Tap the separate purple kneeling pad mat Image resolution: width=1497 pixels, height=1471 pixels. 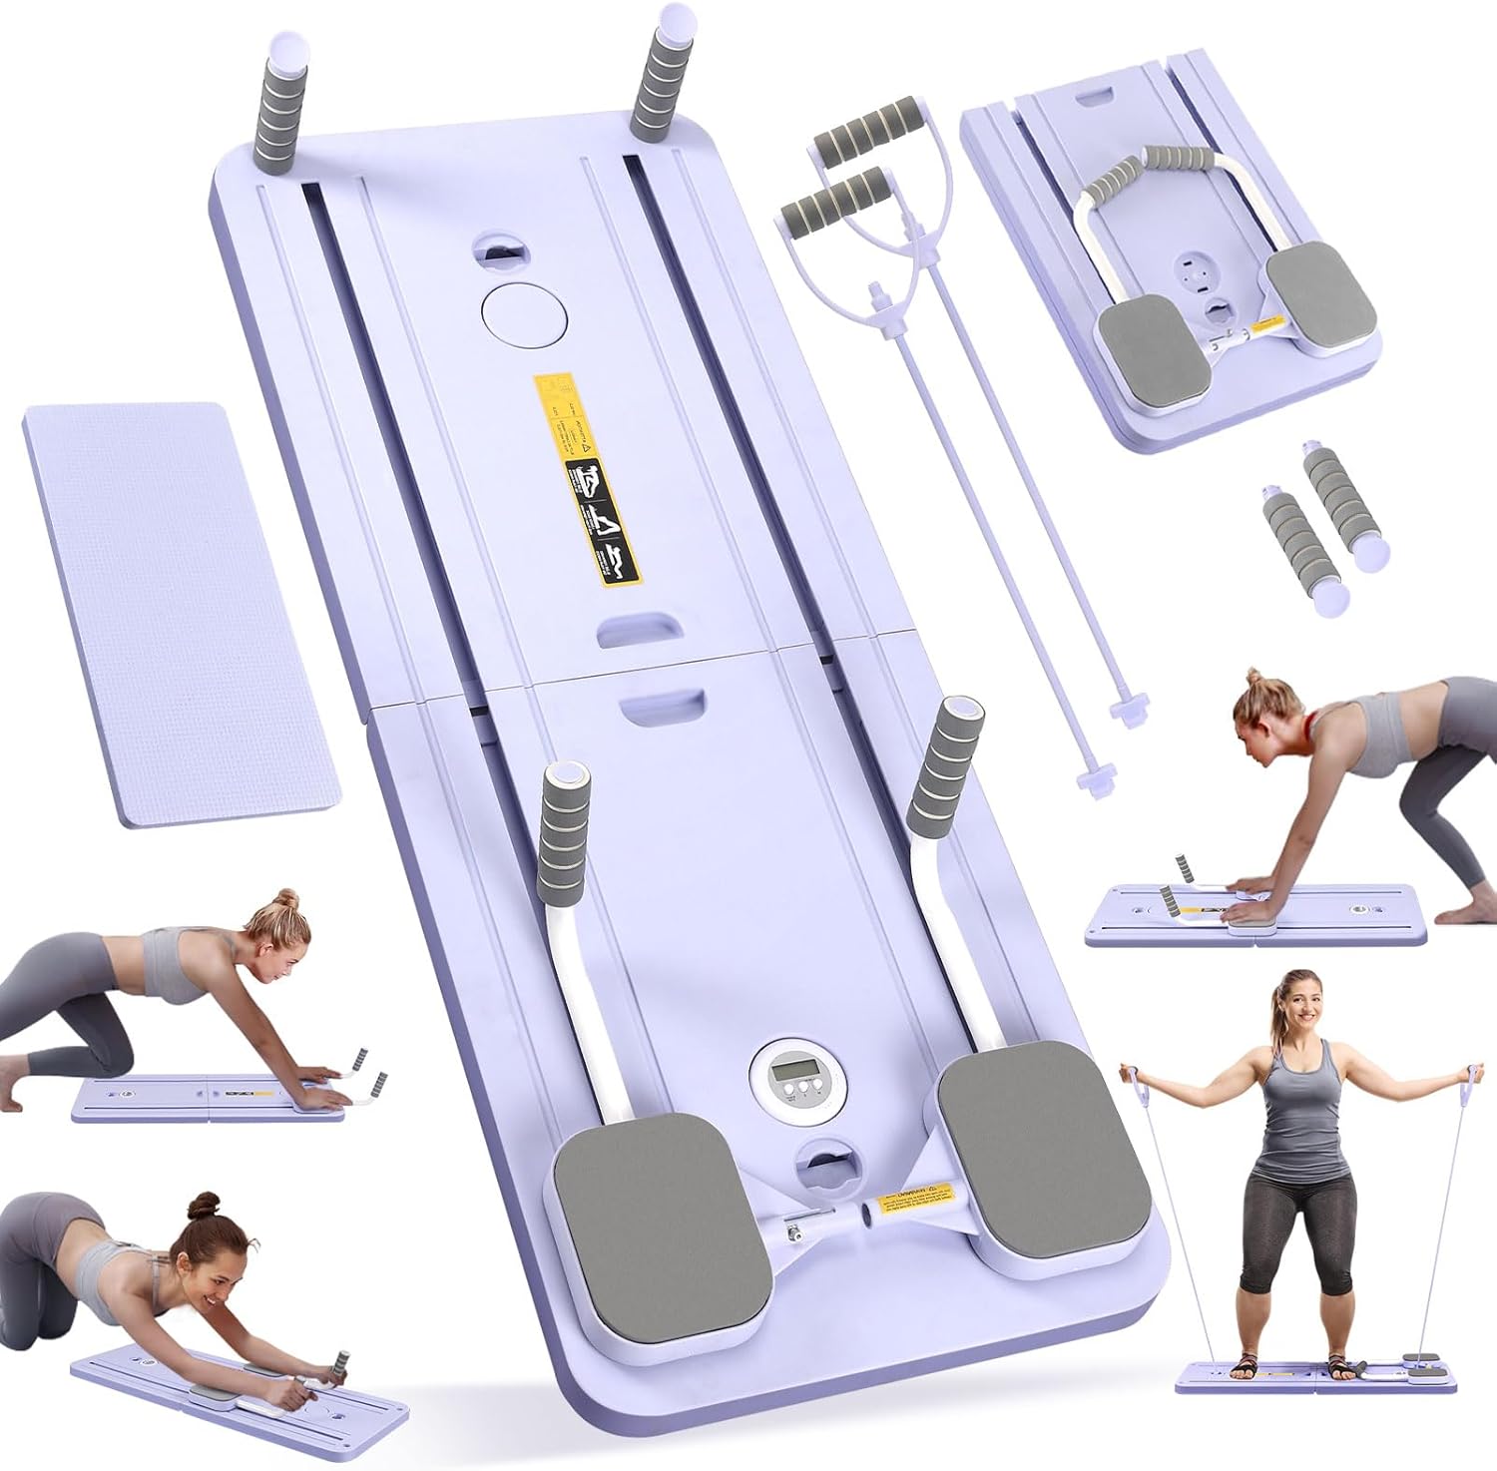[x=180, y=614]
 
